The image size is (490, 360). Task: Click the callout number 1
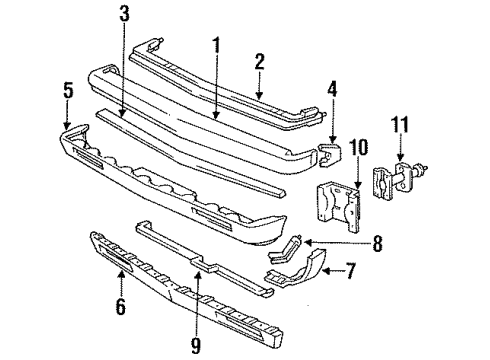pyautogui.click(x=215, y=45)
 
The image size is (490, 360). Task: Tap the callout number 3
pyautogui.click(x=123, y=14)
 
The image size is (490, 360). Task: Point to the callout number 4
pyautogui.click(x=329, y=100)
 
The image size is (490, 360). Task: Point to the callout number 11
pyautogui.click(x=400, y=126)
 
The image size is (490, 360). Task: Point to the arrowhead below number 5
pyautogui.click(x=68, y=124)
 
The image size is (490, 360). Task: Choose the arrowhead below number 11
pyautogui.click(x=400, y=160)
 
